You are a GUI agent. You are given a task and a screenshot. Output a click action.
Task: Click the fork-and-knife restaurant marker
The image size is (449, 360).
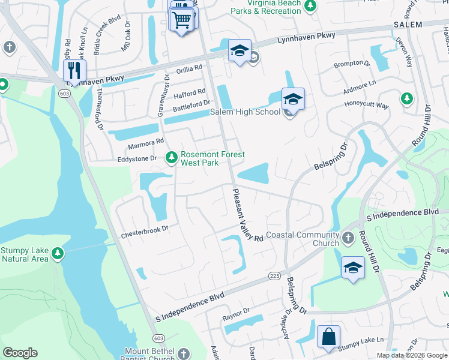click(74, 69)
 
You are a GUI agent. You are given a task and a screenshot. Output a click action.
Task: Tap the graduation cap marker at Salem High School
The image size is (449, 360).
click(293, 99)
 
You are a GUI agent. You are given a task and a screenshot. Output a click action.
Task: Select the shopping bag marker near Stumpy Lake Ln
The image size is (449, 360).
click(329, 337)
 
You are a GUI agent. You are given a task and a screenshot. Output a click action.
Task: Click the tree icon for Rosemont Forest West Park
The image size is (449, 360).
click(172, 157)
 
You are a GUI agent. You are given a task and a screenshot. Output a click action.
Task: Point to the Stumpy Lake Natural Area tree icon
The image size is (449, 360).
click(57, 254)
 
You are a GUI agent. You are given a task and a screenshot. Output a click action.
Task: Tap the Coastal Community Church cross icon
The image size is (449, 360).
click(348, 239)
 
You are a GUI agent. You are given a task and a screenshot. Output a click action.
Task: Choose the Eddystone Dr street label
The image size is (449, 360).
click(136, 158)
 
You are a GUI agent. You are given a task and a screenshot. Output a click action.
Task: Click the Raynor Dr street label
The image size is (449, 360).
click(235, 312)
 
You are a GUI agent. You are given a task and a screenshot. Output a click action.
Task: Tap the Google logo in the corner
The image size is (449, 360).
click(20, 353)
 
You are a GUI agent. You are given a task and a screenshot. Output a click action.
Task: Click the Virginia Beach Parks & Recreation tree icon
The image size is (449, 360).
click(310, 6)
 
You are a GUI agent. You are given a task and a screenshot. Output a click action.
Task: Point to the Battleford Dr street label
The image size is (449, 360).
click(189, 103)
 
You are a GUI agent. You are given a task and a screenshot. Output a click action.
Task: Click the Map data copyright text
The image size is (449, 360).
click(412, 355)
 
